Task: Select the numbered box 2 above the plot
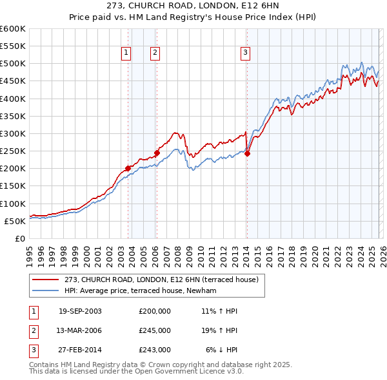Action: pos(155,53)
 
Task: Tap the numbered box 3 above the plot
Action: pos(246,53)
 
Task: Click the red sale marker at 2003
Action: pos(128,168)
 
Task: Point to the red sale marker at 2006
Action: pos(156,153)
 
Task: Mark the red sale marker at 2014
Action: pos(247,153)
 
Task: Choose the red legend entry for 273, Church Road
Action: pos(161,280)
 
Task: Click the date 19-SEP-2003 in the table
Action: pos(80,311)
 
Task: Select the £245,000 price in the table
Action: pos(155,330)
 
